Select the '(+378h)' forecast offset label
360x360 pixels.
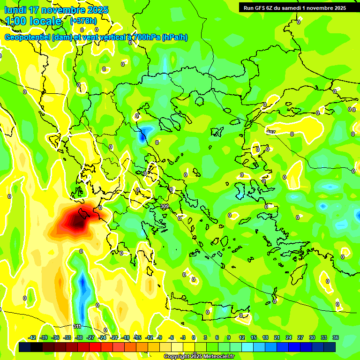click(83, 21)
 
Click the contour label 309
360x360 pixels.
click(164, 206)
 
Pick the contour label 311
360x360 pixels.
click(78, 326)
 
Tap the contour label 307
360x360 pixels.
click(270, 132)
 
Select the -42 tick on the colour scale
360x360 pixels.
click(32, 337)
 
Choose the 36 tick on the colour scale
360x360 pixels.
click(335, 337)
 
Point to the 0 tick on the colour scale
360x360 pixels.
click(194, 337)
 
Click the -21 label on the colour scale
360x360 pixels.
click(114, 337)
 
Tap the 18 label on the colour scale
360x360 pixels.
click(265, 337)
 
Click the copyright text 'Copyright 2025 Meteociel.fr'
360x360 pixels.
click(199, 356)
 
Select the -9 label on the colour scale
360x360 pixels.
click(159, 337)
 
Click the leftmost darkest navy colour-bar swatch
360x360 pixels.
click(25, 347)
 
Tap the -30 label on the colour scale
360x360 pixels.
click(79, 337)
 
